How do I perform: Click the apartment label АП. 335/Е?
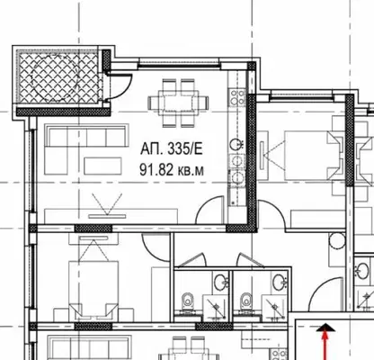(x=172, y=148)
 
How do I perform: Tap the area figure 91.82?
(x=156, y=170)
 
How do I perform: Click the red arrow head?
(x=325, y=328)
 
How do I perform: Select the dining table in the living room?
(x=179, y=103)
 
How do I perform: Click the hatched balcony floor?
(x=58, y=77)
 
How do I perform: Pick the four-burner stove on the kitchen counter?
(x=237, y=97)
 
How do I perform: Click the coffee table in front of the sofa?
(x=102, y=166)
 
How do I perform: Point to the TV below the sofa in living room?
(x=107, y=216)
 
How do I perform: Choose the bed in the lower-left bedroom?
(x=93, y=289)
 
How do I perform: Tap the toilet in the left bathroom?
(x=188, y=300)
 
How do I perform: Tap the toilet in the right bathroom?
(x=246, y=300)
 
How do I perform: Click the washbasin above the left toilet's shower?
(x=221, y=282)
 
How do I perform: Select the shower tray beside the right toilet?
(x=273, y=307)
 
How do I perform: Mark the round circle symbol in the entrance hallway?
(x=337, y=241)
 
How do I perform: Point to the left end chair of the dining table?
(x=153, y=103)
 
